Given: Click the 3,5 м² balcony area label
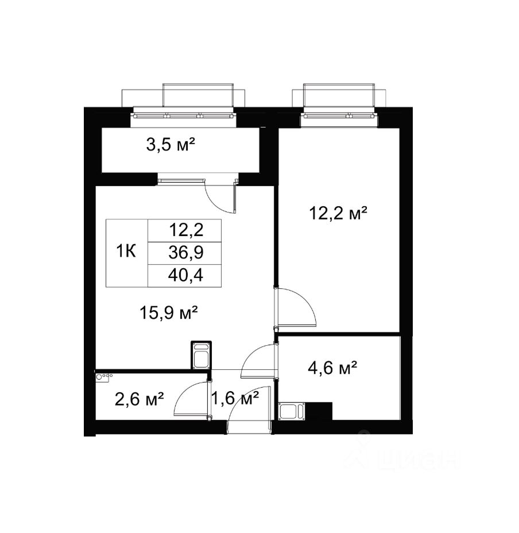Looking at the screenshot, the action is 171,145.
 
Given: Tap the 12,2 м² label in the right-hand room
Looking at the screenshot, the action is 338,214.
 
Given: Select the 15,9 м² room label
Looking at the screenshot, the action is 169,312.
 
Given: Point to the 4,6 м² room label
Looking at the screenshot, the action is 332,368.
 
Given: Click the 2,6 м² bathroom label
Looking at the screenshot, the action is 140,399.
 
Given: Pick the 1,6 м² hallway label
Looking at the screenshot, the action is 235,397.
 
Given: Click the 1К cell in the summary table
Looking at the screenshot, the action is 126,252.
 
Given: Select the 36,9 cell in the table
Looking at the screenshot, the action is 186,253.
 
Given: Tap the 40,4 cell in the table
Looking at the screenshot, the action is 185,275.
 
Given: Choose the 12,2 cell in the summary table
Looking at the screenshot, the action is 186,230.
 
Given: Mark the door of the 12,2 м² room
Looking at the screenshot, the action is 296,308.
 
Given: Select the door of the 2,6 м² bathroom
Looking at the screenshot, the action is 191,399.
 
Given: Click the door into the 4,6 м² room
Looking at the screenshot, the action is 259,361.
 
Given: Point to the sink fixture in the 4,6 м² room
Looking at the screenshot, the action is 292,411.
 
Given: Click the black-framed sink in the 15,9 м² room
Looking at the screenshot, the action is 201,355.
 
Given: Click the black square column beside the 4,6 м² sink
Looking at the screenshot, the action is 319,411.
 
